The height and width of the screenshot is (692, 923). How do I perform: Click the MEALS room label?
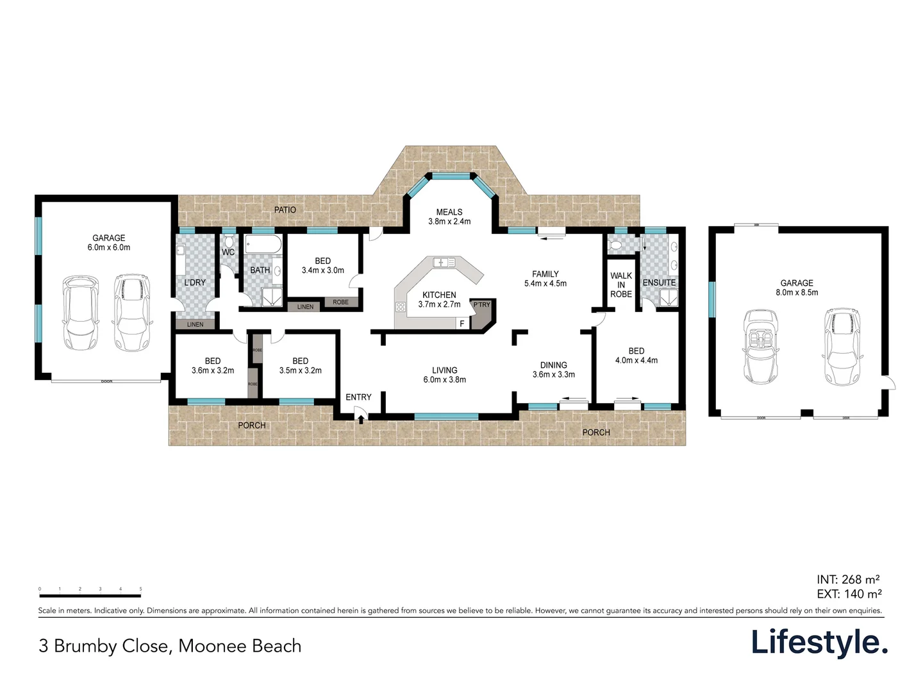(x=449, y=212)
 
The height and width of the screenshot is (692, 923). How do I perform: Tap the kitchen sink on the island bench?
(x=444, y=262)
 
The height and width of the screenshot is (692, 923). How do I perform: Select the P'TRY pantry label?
(x=481, y=305)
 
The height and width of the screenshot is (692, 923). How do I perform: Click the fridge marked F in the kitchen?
(x=462, y=324)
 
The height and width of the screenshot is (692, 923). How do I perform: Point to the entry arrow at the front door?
(x=361, y=420)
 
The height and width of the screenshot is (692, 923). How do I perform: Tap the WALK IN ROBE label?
(x=620, y=285)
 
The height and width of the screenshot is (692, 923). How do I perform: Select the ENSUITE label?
(x=659, y=283)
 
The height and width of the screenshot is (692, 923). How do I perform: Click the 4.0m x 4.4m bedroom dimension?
(x=636, y=360)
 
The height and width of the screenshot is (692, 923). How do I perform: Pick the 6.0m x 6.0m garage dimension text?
(x=109, y=247)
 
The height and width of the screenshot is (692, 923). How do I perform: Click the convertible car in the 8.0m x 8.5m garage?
(x=760, y=347)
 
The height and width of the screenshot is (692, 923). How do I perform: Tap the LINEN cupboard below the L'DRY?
(x=195, y=324)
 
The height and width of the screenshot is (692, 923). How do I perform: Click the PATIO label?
(x=285, y=210)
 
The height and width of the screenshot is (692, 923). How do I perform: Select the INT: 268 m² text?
(x=848, y=580)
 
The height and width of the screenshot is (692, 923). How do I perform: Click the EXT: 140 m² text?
(x=849, y=594)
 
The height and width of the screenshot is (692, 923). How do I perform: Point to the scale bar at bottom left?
(x=90, y=595)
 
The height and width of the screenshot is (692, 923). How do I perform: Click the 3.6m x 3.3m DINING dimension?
(x=553, y=374)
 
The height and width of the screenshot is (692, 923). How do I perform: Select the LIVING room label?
(x=444, y=370)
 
